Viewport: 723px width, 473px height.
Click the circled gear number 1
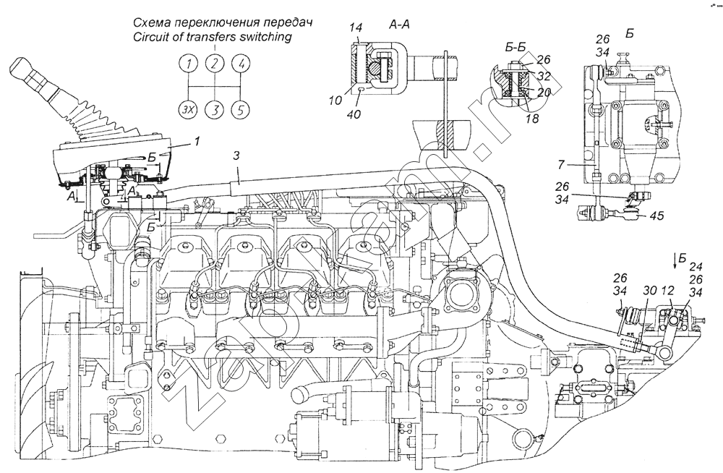pyautogui.click(x=188, y=65)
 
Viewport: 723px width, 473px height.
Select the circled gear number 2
pyautogui.click(x=215, y=65)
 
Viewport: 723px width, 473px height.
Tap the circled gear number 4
pyautogui.click(x=243, y=65)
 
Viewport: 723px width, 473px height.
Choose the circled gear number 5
pyautogui.click(x=243, y=110)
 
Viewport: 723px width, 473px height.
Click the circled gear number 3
pyautogui.click(x=215, y=110)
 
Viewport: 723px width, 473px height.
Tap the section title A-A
pyautogui.click(x=400, y=25)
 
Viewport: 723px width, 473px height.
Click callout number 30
pyautogui.click(x=649, y=291)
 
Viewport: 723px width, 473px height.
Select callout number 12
pyautogui.click(x=667, y=291)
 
